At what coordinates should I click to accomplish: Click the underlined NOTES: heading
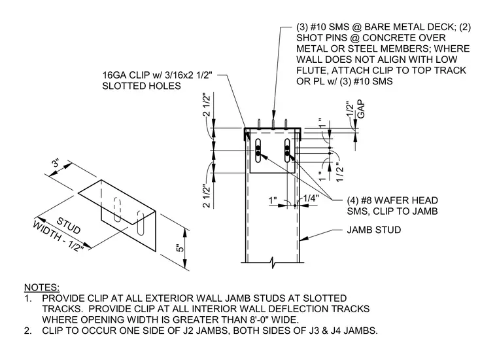click(x=42, y=287)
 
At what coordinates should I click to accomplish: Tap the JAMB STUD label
click(x=373, y=230)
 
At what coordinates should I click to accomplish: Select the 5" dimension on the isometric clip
click(x=180, y=247)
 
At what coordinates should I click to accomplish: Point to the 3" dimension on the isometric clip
click(x=56, y=163)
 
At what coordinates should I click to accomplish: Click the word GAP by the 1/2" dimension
click(x=361, y=109)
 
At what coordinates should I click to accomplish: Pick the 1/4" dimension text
click(x=311, y=198)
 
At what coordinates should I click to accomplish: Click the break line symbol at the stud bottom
click(x=273, y=262)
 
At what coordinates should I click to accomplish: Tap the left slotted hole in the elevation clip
click(x=258, y=151)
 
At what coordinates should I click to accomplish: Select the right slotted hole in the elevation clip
click(x=287, y=151)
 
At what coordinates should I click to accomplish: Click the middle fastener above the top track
click(x=273, y=124)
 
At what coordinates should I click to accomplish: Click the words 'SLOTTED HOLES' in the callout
click(x=141, y=86)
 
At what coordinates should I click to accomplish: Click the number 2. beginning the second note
click(x=28, y=331)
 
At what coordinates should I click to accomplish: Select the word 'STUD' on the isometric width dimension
click(x=68, y=225)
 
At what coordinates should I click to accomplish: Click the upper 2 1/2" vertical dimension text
click(x=206, y=105)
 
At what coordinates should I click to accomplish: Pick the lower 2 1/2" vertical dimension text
click(x=206, y=196)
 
